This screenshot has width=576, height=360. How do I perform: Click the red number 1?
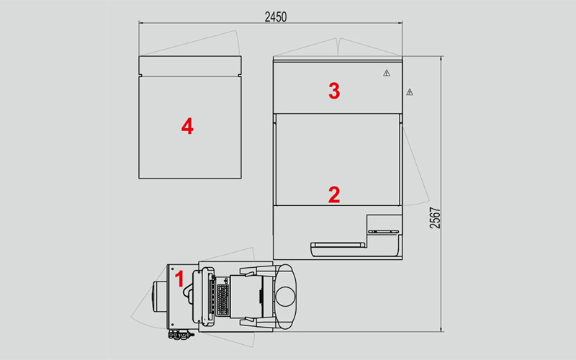pyautogui.click(x=179, y=279)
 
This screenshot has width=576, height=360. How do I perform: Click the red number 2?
pyautogui.click(x=334, y=195)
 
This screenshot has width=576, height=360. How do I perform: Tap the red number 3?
pyautogui.click(x=334, y=91)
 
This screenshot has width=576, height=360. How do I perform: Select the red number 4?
pyautogui.click(x=187, y=127)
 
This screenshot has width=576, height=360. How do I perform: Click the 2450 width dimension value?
pyautogui.click(x=276, y=17)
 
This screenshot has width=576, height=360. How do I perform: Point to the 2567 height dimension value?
pyautogui.click(x=435, y=218)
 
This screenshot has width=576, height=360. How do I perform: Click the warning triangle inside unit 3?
pyautogui.click(x=387, y=73)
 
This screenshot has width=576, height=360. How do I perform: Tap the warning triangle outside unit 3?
pyautogui.click(x=410, y=92)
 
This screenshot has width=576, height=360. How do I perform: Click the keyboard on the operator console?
pyautogui.click(x=223, y=300)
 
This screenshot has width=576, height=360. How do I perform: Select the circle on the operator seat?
pyautogui.click(x=286, y=297)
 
